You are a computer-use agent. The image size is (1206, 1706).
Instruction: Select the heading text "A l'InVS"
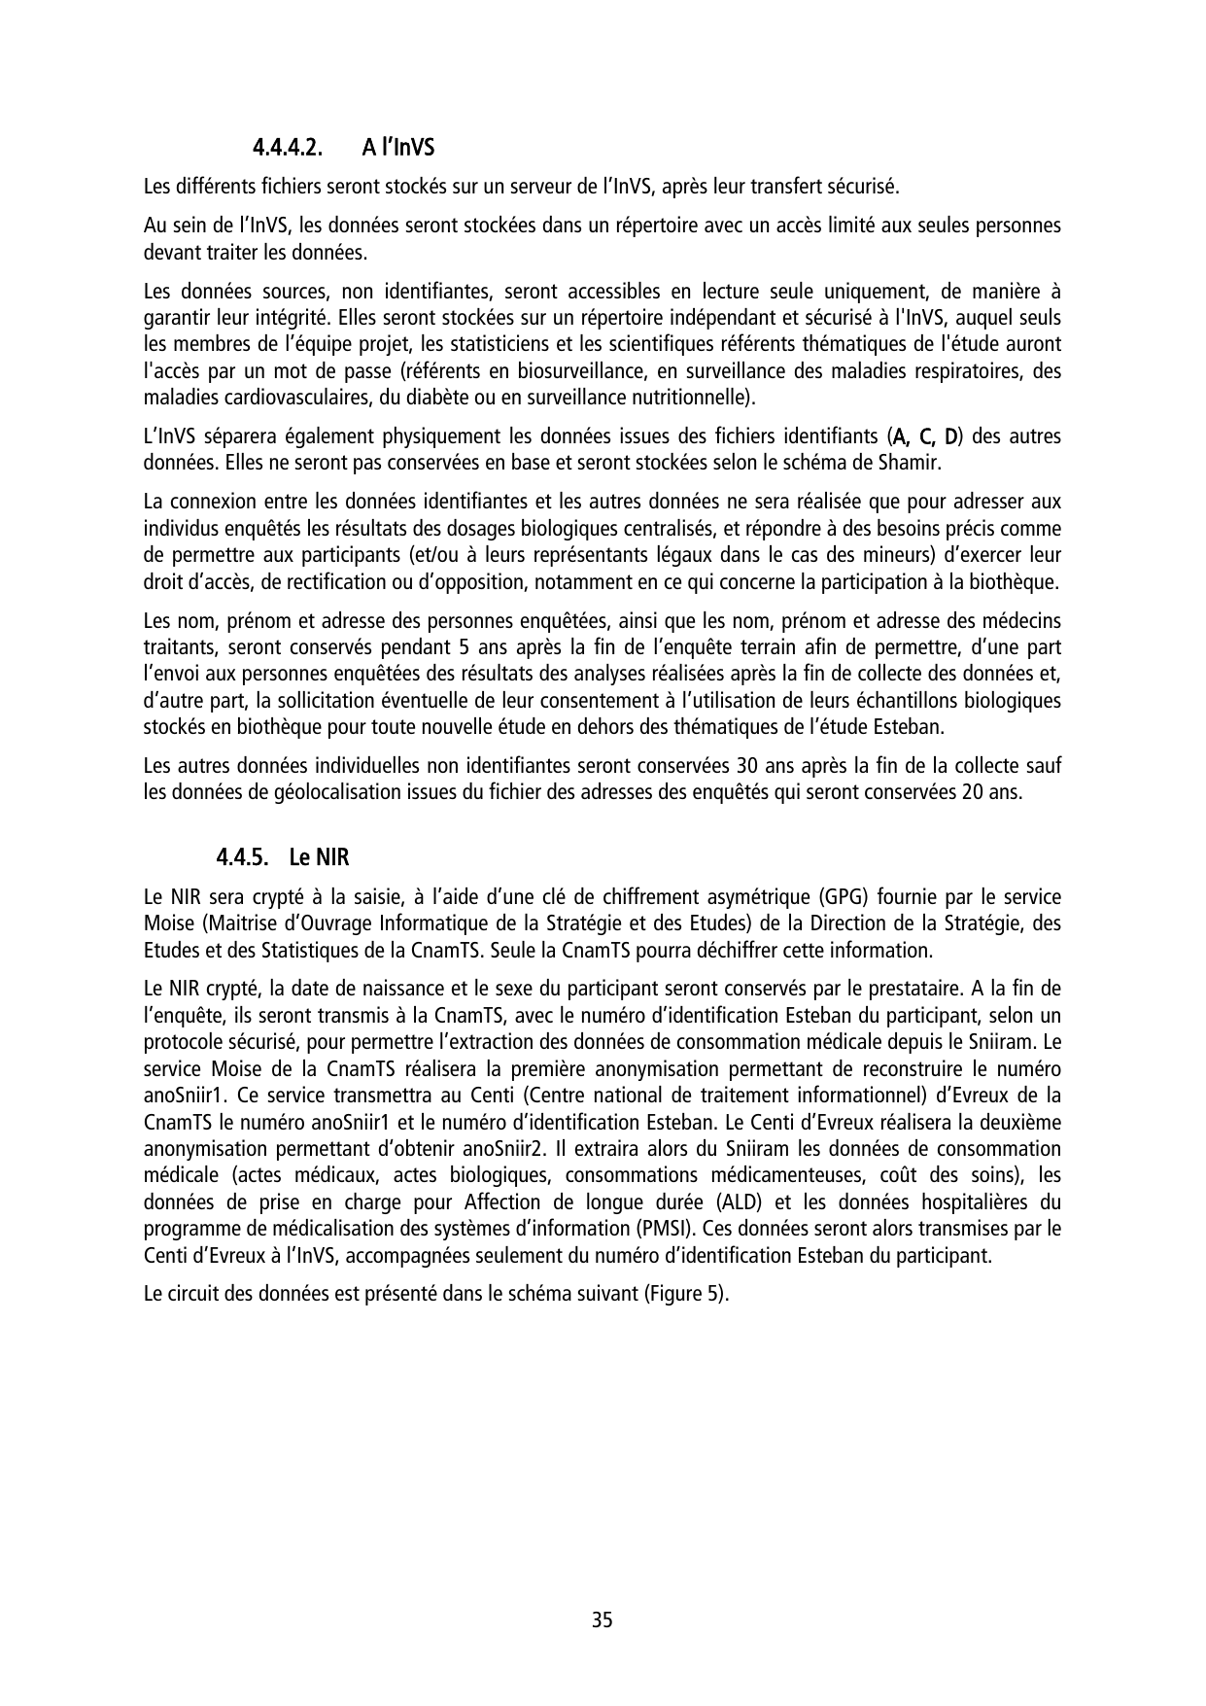[398, 150]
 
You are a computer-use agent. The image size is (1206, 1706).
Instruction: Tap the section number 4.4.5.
[242, 858]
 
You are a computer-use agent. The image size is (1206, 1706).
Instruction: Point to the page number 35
[603, 1620]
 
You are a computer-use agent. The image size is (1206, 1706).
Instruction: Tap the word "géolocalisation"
[299, 791]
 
